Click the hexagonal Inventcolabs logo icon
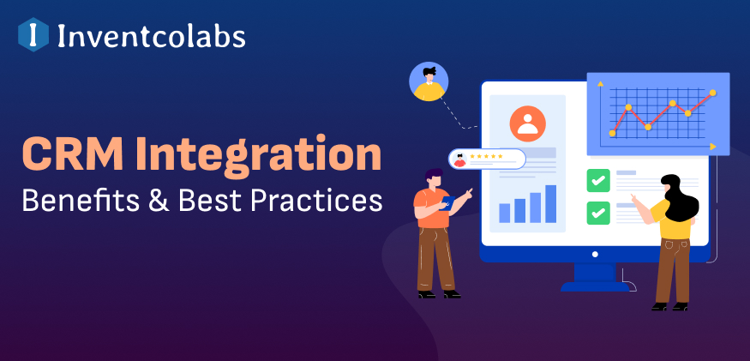coord(33,34)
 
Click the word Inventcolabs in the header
coord(151,36)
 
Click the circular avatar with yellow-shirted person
coord(429,81)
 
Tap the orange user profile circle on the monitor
coord(528,123)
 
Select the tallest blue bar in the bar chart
coord(550,204)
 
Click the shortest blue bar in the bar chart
coord(505,213)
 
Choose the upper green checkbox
coord(598,180)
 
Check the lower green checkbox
coord(598,213)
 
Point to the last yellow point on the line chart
coord(712,93)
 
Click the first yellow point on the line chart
coord(612,133)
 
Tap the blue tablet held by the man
coord(447,203)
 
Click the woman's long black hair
coord(678,197)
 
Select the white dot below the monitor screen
coord(595,254)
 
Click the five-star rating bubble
coord(487,159)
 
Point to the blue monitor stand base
coord(595,286)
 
